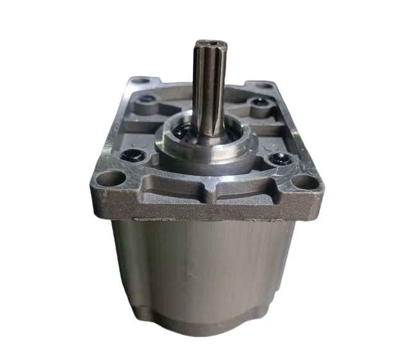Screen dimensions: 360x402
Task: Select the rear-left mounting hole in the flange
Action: (140, 80)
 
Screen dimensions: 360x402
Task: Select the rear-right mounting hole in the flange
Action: (263, 84)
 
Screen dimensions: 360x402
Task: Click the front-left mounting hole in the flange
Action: (110, 179)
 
